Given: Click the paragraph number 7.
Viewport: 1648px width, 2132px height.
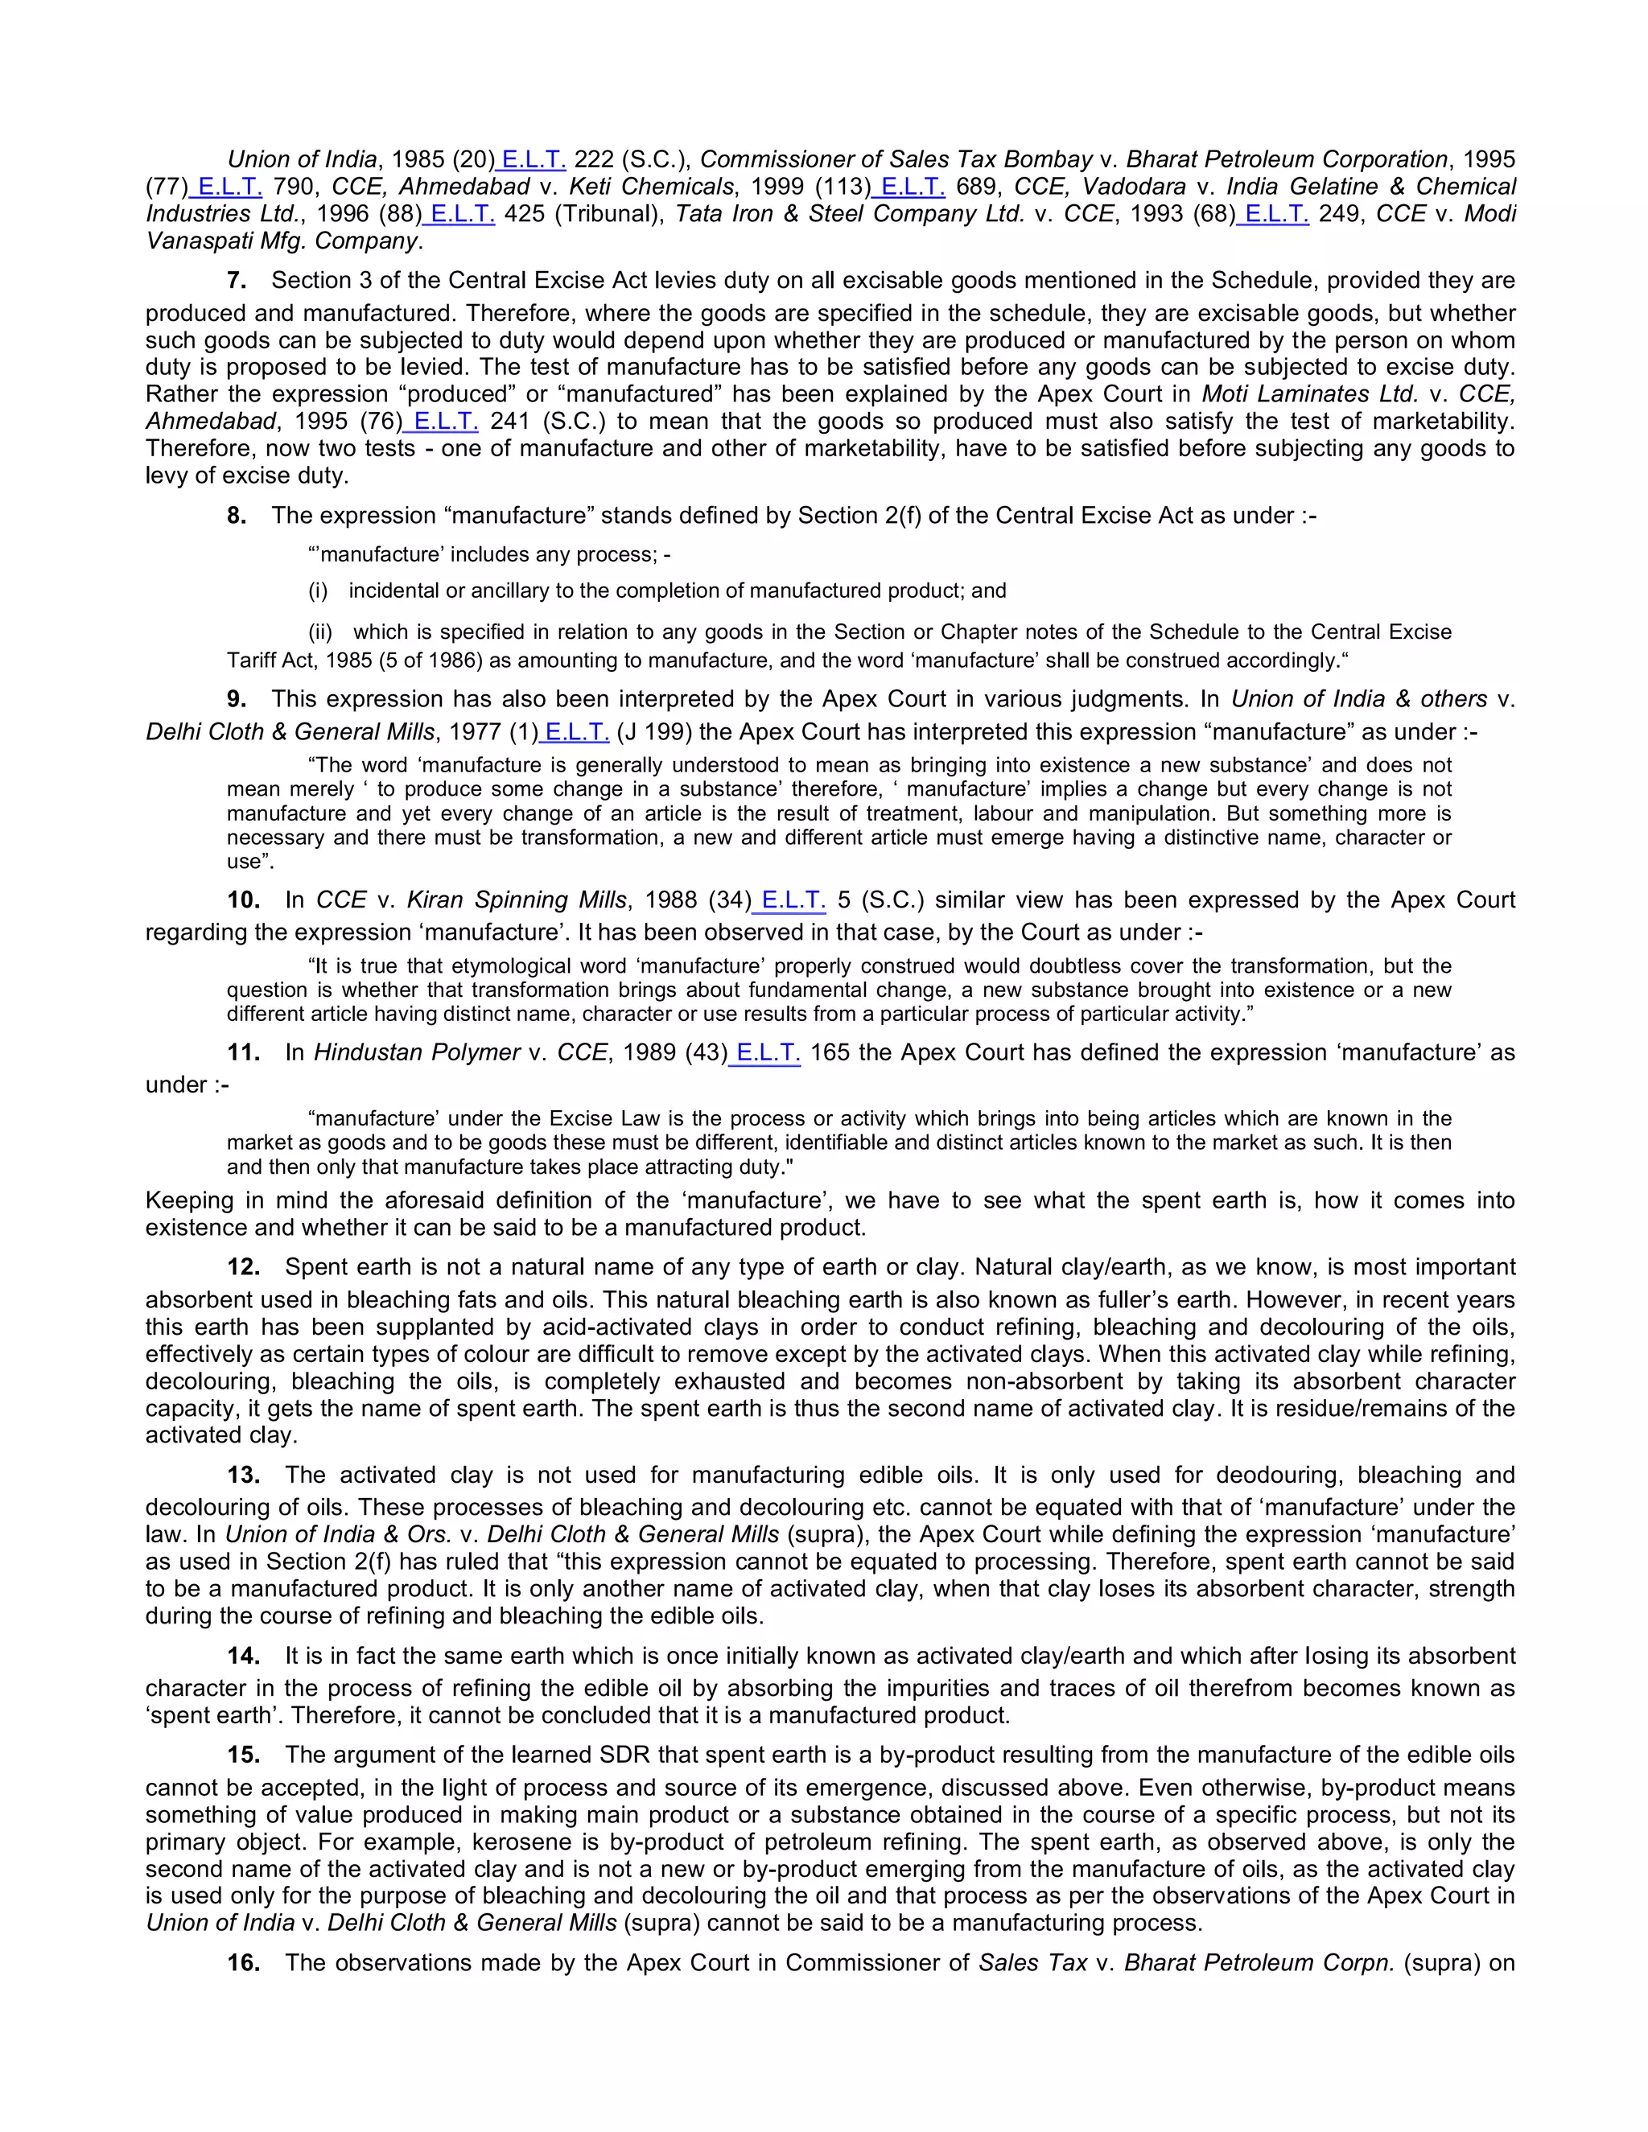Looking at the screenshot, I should [237, 281].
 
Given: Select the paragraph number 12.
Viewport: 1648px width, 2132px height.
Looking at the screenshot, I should [243, 1268].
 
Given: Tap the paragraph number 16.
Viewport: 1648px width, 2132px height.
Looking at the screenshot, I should [243, 1963].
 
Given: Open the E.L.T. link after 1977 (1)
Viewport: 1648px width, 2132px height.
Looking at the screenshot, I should [576, 732].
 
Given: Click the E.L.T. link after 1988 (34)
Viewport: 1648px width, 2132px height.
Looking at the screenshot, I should [792, 900].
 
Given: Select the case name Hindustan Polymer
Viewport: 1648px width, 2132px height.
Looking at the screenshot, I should [417, 1053].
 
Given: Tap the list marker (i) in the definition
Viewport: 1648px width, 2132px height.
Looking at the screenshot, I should [319, 591].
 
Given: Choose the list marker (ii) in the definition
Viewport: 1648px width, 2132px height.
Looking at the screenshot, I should [320, 632].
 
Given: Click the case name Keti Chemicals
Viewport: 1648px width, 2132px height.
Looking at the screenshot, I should [651, 187].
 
